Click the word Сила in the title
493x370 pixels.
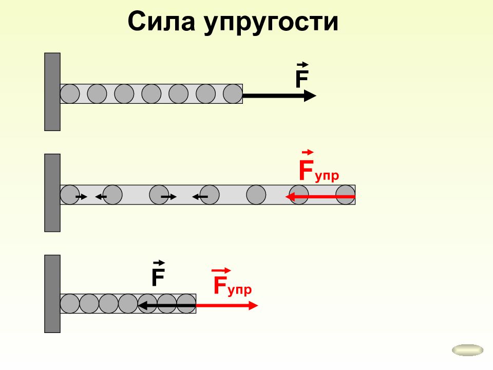[x=161, y=22]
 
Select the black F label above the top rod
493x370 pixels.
[x=302, y=75]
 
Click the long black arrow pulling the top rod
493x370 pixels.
[x=279, y=96]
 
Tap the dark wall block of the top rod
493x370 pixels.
[x=52, y=92]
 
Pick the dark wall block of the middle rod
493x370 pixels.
[x=52, y=193]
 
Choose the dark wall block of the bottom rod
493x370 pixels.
[x=52, y=294]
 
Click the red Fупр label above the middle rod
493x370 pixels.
[x=318, y=166]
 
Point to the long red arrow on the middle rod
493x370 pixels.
[x=320, y=197]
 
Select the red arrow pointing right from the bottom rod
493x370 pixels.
[x=226, y=305]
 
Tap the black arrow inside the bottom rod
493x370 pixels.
[x=166, y=305]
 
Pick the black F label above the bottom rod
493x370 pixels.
[x=159, y=273]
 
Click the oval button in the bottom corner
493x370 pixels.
[x=467, y=350]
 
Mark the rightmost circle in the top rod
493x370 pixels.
[x=233, y=94]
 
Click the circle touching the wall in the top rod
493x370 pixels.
[x=70, y=94]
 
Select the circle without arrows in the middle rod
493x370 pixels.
[x=256, y=195]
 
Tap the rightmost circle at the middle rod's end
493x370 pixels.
[x=346, y=195]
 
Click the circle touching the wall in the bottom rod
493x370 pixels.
[x=70, y=304]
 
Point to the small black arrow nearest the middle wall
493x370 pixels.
[x=82, y=197]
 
